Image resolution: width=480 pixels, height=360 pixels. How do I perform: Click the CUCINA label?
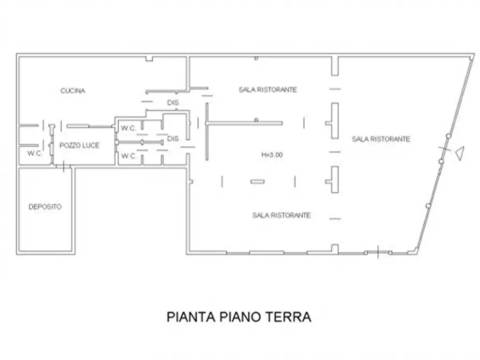tap(73, 91)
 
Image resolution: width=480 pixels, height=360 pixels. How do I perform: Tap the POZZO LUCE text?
tap(80, 145)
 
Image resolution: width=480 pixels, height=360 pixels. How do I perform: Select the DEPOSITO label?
tap(45, 206)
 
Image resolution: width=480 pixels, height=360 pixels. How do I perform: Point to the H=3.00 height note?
tap(272, 155)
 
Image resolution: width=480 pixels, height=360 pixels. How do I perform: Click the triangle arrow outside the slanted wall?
tap(460, 154)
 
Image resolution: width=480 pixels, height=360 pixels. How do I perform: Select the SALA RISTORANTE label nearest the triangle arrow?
tap(381, 139)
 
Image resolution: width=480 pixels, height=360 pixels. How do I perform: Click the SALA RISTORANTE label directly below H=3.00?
tap(281, 215)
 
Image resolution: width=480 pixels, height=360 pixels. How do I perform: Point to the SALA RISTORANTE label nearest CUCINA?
tap(268, 90)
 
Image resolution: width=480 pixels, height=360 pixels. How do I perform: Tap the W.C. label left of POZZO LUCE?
tap(35, 153)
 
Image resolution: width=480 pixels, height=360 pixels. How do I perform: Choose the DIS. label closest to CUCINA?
tap(173, 102)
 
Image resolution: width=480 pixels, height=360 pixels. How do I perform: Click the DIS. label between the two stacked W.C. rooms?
tap(173, 139)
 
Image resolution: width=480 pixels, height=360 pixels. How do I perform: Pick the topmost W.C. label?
tap(128, 128)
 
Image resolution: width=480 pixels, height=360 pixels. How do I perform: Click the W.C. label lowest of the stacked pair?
tap(128, 156)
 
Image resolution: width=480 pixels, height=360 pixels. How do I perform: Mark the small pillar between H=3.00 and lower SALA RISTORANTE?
tap(257, 182)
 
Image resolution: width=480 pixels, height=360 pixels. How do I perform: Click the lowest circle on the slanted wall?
tap(428, 206)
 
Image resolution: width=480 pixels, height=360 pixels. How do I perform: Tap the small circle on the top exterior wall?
tap(256, 57)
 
